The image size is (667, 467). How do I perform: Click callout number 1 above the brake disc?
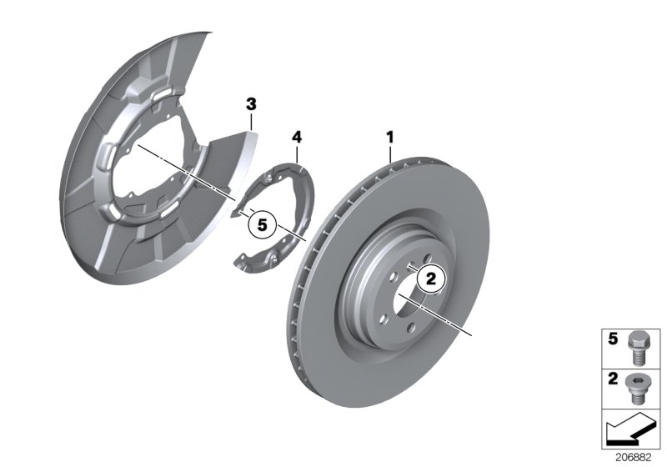389,134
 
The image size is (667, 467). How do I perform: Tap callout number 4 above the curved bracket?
298,134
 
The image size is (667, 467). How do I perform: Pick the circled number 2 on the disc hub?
431,279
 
